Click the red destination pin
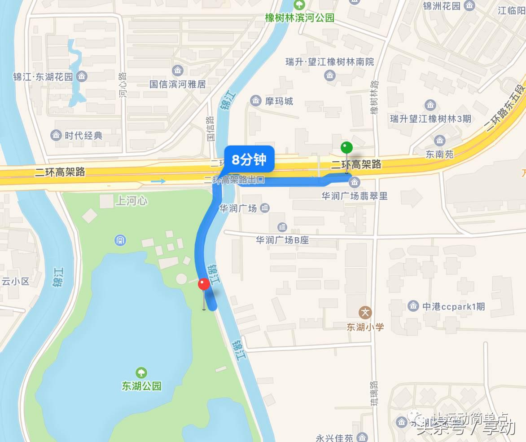(204, 285)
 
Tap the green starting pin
(346, 147)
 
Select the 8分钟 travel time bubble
(249, 159)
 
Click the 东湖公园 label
(141, 385)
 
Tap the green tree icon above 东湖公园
(141, 372)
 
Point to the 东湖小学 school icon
(365, 313)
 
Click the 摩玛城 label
(279, 101)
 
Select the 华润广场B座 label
(282, 240)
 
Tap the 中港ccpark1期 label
(453, 306)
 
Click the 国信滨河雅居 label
(178, 84)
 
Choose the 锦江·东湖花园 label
(43, 76)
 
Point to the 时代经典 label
(83, 135)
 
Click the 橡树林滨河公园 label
(299, 18)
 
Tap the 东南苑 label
(439, 154)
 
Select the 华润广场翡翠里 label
(354, 195)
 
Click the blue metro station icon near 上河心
(120, 240)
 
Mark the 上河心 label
(131, 201)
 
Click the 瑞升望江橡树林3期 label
(430, 119)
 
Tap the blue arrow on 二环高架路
(158, 181)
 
